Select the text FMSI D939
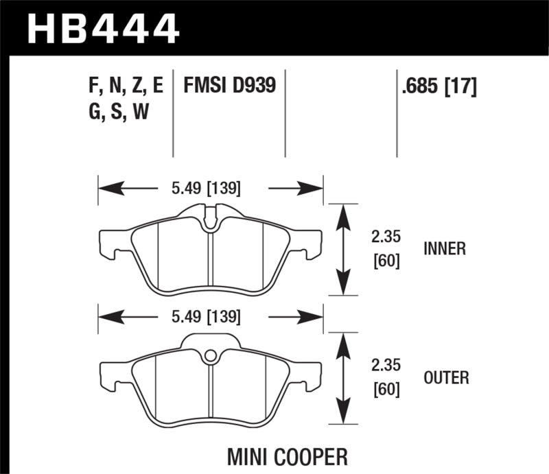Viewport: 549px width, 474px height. tap(229, 86)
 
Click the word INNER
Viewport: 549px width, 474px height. tap(444, 249)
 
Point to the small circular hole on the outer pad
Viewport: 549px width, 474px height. tap(211, 355)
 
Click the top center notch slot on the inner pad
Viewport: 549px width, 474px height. tap(211, 217)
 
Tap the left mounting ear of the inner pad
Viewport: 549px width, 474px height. tap(110, 241)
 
